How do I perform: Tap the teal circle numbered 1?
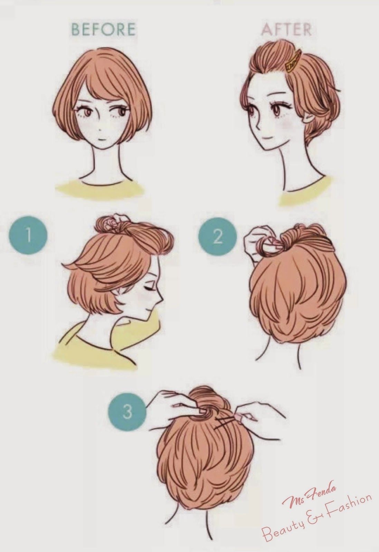[x=28, y=235]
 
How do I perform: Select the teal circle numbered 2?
[x=217, y=238]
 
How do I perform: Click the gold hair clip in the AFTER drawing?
[x=293, y=61]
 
